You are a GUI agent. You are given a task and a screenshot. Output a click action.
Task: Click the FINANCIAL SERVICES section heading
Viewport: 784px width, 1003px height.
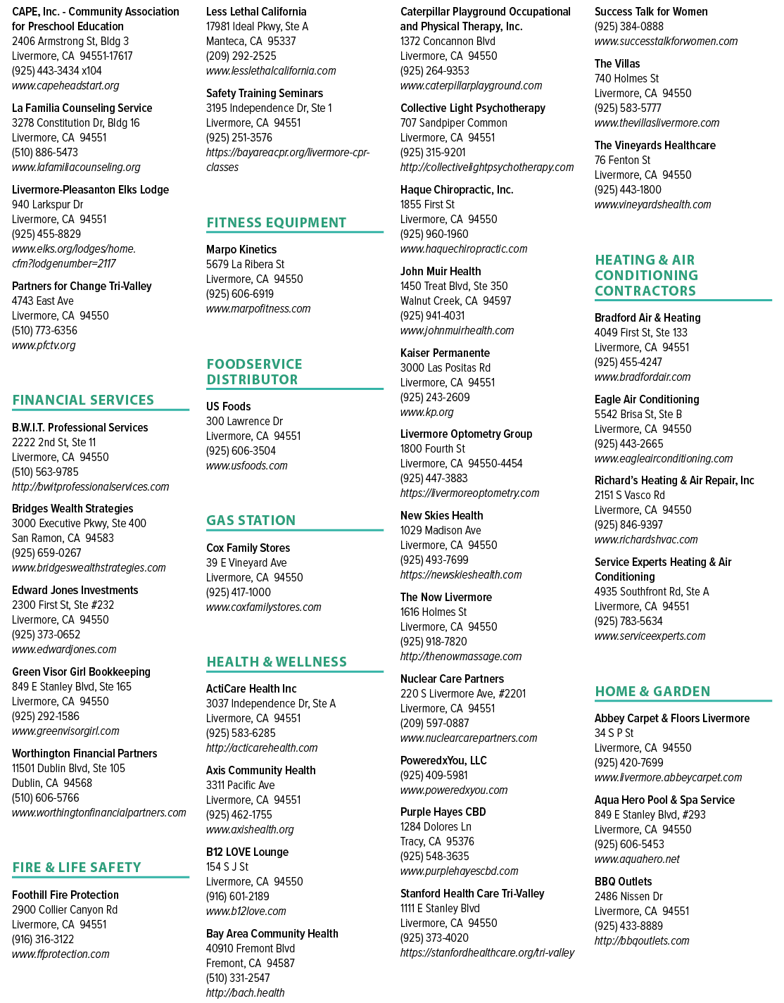pyautogui.click(x=83, y=400)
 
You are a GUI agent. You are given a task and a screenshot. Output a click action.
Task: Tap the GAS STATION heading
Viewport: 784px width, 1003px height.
pyautogui.click(x=251, y=520)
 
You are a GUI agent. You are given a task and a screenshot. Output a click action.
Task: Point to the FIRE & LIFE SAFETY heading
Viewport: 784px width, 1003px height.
pyautogui.click(x=77, y=867)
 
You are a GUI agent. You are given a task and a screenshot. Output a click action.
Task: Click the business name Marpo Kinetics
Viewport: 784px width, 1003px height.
pyautogui.click(x=241, y=250)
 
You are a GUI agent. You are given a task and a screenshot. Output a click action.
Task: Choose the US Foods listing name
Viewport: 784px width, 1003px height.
pyautogui.click(x=229, y=407)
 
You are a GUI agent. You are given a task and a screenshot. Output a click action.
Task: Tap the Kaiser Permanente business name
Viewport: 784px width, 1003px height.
pyautogui.click(x=445, y=353)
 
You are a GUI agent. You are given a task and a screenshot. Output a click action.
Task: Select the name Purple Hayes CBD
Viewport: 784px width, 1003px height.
pyautogui.click(x=443, y=812)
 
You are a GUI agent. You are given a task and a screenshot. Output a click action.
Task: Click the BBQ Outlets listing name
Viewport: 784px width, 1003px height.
pyautogui.click(x=623, y=882)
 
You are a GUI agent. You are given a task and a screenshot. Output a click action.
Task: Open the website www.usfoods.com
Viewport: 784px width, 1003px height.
pyautogui.click(x=247, y=466)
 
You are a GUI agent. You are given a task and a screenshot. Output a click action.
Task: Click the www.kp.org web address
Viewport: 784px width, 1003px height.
pyautogui.click(x=427, y=412)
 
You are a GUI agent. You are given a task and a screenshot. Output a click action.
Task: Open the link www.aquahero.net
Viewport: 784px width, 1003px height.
pyautogui.click(x=637, y=859)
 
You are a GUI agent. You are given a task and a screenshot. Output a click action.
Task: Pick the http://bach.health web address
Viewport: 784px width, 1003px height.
pyautogui.click(x=245, y=993)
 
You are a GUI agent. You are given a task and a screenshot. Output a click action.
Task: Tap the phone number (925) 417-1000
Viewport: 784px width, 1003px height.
pyautogui.click(x=239, y=593)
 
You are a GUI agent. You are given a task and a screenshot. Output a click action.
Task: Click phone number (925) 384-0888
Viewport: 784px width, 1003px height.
pyautogui.click(x=629, y=27)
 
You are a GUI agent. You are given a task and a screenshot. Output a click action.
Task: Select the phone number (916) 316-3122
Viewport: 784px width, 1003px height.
pyautogui.click(x=43, y=940)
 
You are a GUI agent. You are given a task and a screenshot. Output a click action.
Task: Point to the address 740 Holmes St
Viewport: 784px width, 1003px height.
pyautogui.click(x=626, y=78)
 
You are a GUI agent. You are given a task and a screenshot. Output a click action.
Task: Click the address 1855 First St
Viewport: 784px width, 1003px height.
pyautogui.click(x=427, y=205)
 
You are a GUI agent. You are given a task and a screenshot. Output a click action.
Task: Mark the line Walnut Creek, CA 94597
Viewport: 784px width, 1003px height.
pyautogui.click(x=455, y=301)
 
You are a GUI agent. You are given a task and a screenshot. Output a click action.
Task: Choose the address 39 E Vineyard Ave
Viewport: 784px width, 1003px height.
pyautogui.click(x=246, y=563)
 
